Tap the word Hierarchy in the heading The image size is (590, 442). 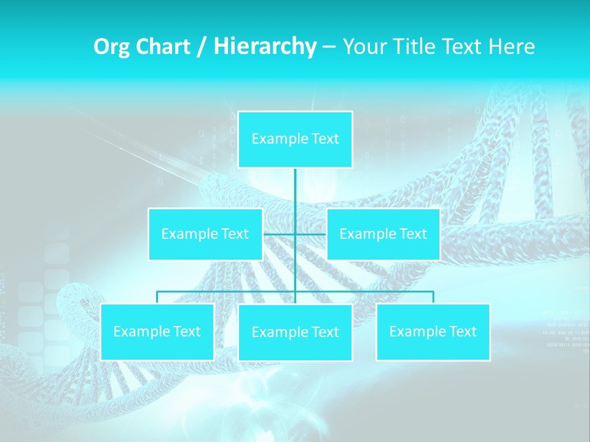tap(264, 47)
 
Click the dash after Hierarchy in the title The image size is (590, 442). tap(328, 47)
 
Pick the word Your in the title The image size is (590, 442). tap(362, 47)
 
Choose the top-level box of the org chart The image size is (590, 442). tap(295, 139)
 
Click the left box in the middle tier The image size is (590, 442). tap(205, 234)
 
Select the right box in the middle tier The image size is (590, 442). tap(383, 234)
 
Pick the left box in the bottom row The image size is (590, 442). tap(157, 331)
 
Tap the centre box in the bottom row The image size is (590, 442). tap(295, 332)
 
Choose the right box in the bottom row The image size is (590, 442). tap(433, 331)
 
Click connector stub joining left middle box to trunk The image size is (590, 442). tap(278, 234)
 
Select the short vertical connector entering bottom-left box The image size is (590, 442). tap(157, 297)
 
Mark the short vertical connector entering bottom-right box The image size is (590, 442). tap(433, 297)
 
